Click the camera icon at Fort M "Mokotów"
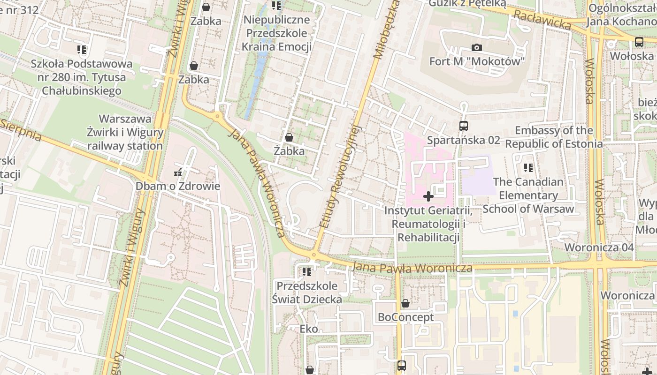click(477, 47)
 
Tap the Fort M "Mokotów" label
click(477, 61)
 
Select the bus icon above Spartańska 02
click(464, 126)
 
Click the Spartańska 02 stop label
click(464, 140)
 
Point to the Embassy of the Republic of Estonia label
click(554, 137)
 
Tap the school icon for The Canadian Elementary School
click(528, 167)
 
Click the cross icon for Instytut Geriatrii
click(428, 196)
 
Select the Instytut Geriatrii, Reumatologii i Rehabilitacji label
click(428, 224)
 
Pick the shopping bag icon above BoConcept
click(405, 303)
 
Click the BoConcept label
click(405, 317)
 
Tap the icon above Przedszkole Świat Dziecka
click(307, 272)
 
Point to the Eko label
click(309, 329)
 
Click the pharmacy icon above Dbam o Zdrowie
click(178, 172)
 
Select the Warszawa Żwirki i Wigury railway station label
click(125, 132)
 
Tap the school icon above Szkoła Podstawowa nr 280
click(82, 49)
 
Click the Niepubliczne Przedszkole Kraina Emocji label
click(276, 33)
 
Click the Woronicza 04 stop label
click(599, 247)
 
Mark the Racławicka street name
click(542, 21)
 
